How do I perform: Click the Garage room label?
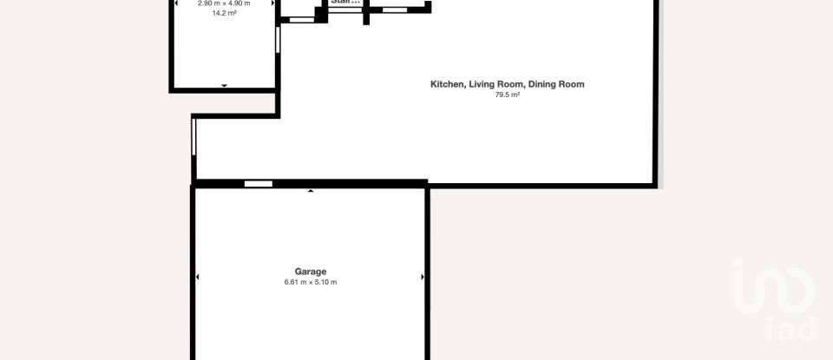coord(310,272)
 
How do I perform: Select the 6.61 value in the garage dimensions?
coord(292,283)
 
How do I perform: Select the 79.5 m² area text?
coord(507,95)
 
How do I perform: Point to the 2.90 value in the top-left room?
coord(207,3)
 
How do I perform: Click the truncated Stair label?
coord(344,3)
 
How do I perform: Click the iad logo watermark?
coord(775,299)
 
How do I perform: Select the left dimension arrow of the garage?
coord(198,278)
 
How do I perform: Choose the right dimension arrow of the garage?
coord(423,278)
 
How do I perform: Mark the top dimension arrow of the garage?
coord(311,190)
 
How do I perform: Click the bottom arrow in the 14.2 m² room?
coord(225,85)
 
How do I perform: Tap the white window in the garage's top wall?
coord(258,184)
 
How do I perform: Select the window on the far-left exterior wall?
coord(194,137)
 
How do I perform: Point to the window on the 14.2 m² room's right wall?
coord(278,40)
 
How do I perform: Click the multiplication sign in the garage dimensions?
coord(310,283)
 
